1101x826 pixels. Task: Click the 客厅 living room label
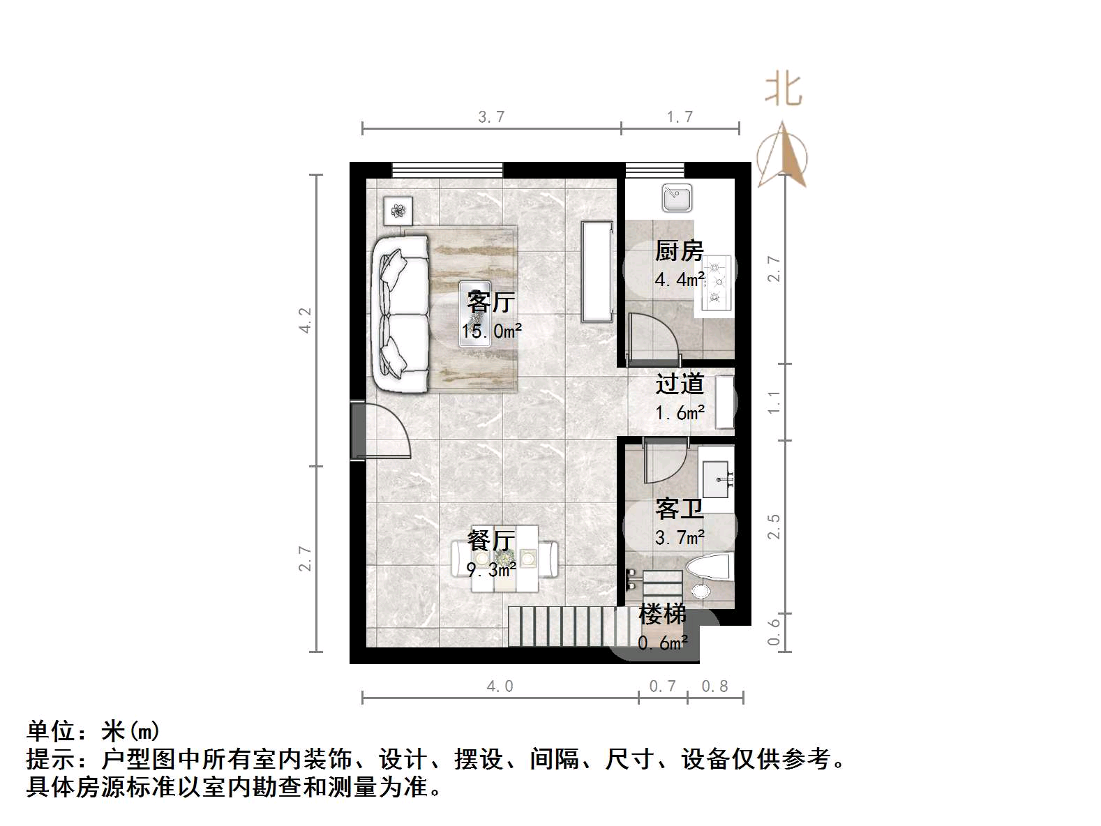tap(491, 302)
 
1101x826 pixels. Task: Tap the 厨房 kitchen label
tap(679, 250)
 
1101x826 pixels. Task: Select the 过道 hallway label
tap(680, 384)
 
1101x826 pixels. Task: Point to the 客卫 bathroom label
tap(679, 509)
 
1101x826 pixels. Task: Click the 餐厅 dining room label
tap(491, 540)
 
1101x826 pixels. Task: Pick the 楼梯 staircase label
tap(662, 615)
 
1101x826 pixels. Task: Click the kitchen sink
tap(677, 197)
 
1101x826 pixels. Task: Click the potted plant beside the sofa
tap(398, 210)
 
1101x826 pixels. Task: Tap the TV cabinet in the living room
tap(597, 271)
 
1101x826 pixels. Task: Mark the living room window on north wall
tap(447, 170)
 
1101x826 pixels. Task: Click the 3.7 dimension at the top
tap(491, 117)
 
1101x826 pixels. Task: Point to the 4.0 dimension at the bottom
tap(500, 686)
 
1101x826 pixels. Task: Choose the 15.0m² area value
tap(491, 331)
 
